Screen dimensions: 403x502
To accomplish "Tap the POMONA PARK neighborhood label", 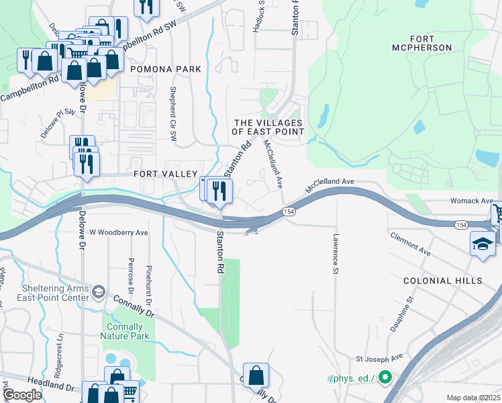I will point(166,69).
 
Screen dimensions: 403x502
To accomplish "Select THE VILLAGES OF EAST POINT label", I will point(268,127).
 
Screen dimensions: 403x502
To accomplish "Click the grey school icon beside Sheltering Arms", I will point(99,291).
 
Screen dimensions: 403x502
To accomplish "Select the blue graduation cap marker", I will point(483,244).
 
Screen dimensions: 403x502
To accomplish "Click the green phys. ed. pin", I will point(385,378).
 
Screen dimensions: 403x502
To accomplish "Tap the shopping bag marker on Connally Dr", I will point(256,375).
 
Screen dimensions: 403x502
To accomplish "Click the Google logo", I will point(23,395).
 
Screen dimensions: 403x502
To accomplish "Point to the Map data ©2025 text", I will point(472,398).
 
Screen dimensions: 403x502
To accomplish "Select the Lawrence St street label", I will point(334,254).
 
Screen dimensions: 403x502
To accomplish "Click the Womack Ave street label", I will point(471,201).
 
